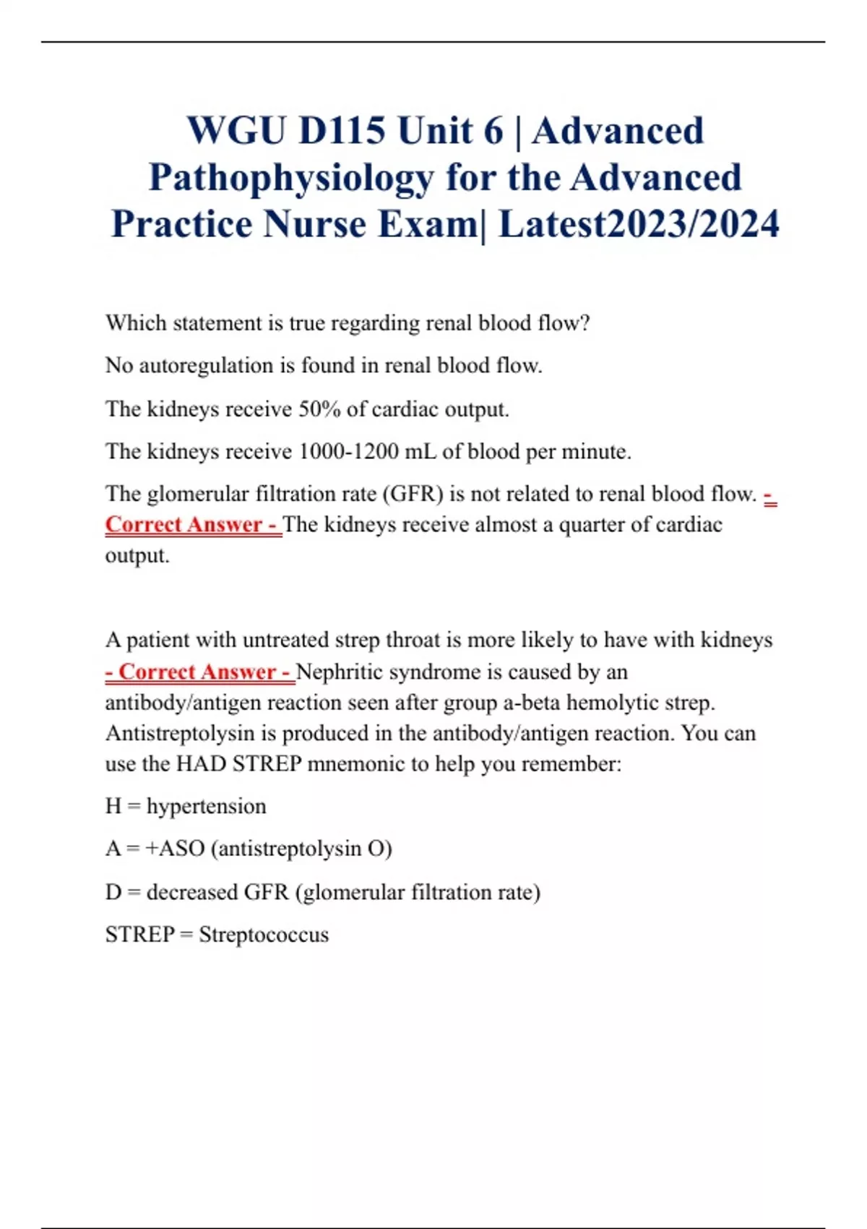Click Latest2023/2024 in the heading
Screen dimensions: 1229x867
coord(639,223)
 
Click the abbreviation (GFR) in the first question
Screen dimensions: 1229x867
coord(413,494)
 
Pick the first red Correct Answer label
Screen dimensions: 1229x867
coord(191,524)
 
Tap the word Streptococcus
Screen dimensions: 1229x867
coord(264,935)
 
